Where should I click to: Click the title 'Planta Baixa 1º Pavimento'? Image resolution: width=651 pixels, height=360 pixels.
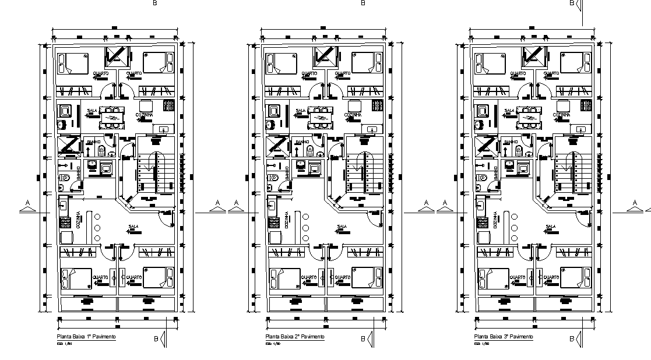tap(86, 337)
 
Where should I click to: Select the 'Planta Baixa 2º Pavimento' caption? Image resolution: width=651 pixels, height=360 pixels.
tap(295, 337)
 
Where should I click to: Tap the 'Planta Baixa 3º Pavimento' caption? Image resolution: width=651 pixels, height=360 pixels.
tap(504, 337)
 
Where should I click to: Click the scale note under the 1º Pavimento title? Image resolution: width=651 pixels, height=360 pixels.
tap(62, 344)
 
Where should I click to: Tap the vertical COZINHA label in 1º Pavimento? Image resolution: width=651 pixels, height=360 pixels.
tap(78, 222)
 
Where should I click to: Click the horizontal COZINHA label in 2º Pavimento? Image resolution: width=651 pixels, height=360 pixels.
tap(352, 115)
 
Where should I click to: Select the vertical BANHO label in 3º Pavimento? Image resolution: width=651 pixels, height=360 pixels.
tap(496, 174)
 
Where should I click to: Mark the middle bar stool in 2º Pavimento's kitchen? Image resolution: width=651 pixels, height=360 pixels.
tap(305, 228)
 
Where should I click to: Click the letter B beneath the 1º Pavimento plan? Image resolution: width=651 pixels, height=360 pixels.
tap(156, 338)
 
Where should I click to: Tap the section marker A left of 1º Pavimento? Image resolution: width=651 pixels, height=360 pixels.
tap(27, 203)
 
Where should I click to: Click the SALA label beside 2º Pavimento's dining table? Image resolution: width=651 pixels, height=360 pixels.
tap(301, 111)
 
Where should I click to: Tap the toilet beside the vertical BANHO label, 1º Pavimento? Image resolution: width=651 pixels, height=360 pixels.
tap(65, 176)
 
